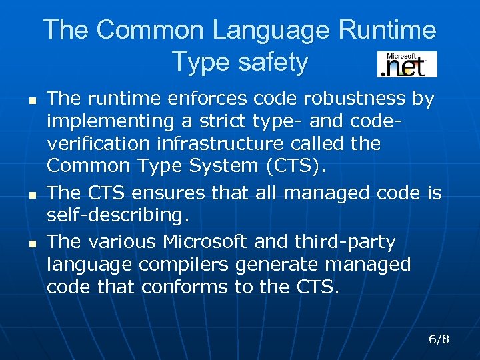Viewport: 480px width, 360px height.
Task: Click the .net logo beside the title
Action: [x=407, y=65]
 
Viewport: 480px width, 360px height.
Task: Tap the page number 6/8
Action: [x=439, y=339]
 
